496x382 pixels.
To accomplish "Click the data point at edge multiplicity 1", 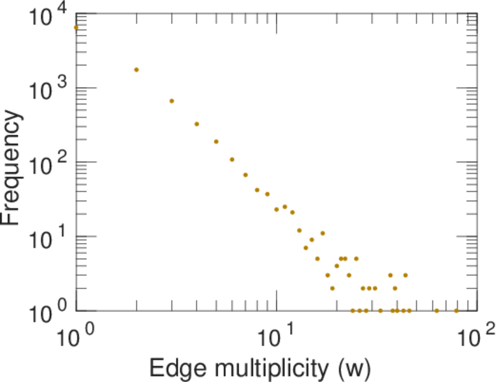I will (x=76, y=27).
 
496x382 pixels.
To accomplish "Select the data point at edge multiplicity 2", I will (x=136, y=69).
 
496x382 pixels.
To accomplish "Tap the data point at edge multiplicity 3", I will (x=171, y=101).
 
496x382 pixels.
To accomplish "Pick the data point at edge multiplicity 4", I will (x=197, y=124).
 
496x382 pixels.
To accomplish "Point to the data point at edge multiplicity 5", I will (x=216, y=141).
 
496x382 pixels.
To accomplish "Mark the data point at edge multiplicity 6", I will (x=232, y=160).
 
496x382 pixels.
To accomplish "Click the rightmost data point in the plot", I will (x=456, y=311).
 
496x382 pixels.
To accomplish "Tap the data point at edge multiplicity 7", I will (x=245, y=174).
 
